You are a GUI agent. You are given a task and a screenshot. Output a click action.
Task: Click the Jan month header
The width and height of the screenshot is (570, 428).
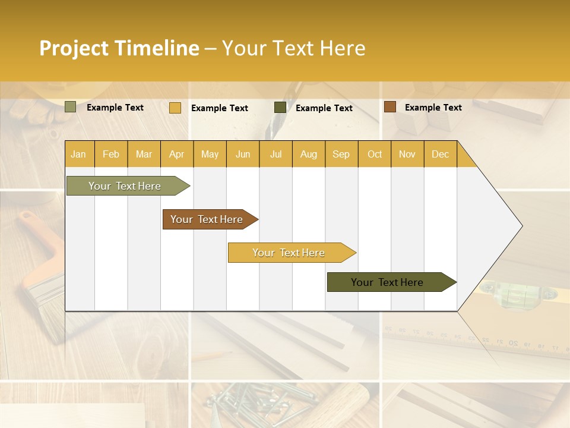coord(79,154)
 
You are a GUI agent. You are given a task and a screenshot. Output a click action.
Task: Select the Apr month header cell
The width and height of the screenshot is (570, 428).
coord(176,154)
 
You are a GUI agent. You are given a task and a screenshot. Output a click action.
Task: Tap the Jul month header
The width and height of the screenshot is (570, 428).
coord(275,154)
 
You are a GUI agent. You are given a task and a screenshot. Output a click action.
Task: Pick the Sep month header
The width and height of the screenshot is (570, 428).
coord(341,154)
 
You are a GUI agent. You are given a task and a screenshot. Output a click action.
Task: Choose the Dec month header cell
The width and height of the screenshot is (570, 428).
coord(440,154)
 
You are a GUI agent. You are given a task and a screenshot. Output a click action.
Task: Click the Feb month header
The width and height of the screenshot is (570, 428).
coord(111,154)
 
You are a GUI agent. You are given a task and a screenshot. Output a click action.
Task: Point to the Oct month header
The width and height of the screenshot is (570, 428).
coord(374,154)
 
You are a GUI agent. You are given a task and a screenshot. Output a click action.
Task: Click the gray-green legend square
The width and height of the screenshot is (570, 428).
coord(70,107)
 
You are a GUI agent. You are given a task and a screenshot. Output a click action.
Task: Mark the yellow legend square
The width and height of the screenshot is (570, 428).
coord(175,108)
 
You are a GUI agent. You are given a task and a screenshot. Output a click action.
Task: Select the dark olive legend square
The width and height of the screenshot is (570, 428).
coord(280,108)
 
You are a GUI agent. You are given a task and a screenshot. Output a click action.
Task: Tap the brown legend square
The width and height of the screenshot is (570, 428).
coord(389,107)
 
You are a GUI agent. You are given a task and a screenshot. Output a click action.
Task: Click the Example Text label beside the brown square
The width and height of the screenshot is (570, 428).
coord(433,108)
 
